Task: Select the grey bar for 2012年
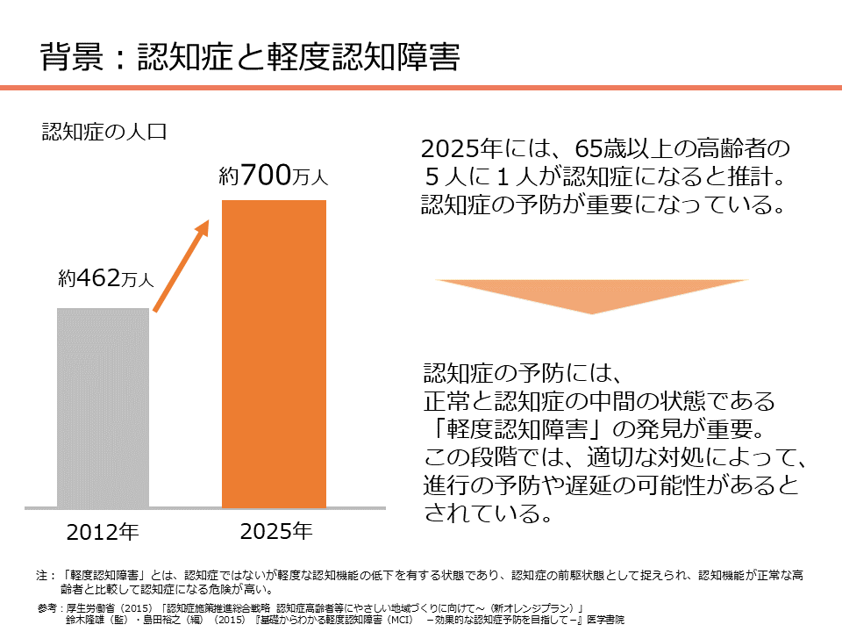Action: coord(103,407)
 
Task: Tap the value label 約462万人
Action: coord(106,280)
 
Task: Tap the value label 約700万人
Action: coord(273,176)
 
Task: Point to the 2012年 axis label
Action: coord(103,532)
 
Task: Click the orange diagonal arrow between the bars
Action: coord(182,265)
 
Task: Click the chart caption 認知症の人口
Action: coord(104,132)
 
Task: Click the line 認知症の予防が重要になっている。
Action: coord(602,206)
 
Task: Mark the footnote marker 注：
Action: coord(46,576)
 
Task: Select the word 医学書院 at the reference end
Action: coord(603,620)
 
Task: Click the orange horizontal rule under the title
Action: coord(421,88)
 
